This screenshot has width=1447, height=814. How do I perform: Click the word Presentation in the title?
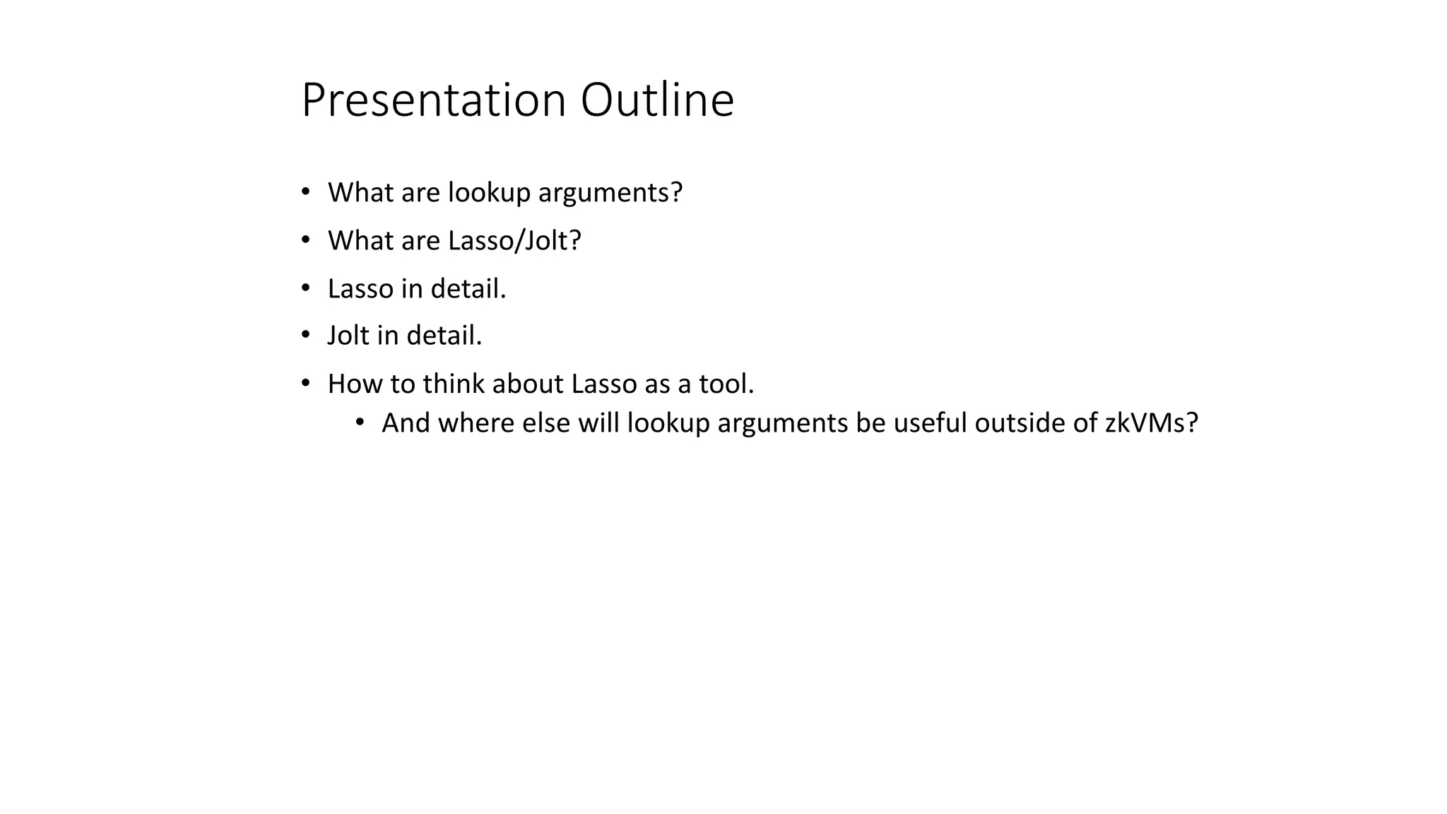tap(433, 100)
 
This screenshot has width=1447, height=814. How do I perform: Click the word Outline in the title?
tap(657, 100)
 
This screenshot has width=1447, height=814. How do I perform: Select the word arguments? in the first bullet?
tap(610, 193)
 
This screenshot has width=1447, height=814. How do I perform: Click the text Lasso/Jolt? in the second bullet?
tap(514, 241)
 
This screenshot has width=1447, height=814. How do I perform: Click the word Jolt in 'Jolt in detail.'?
tap(348, 336)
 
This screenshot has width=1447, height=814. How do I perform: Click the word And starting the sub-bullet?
tap(406, 423)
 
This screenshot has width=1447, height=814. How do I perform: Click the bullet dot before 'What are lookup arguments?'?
tap(305, 192)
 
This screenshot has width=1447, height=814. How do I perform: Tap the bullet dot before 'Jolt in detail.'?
tap(305, 335)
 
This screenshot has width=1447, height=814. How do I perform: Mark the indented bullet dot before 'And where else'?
tap(360, 423)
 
